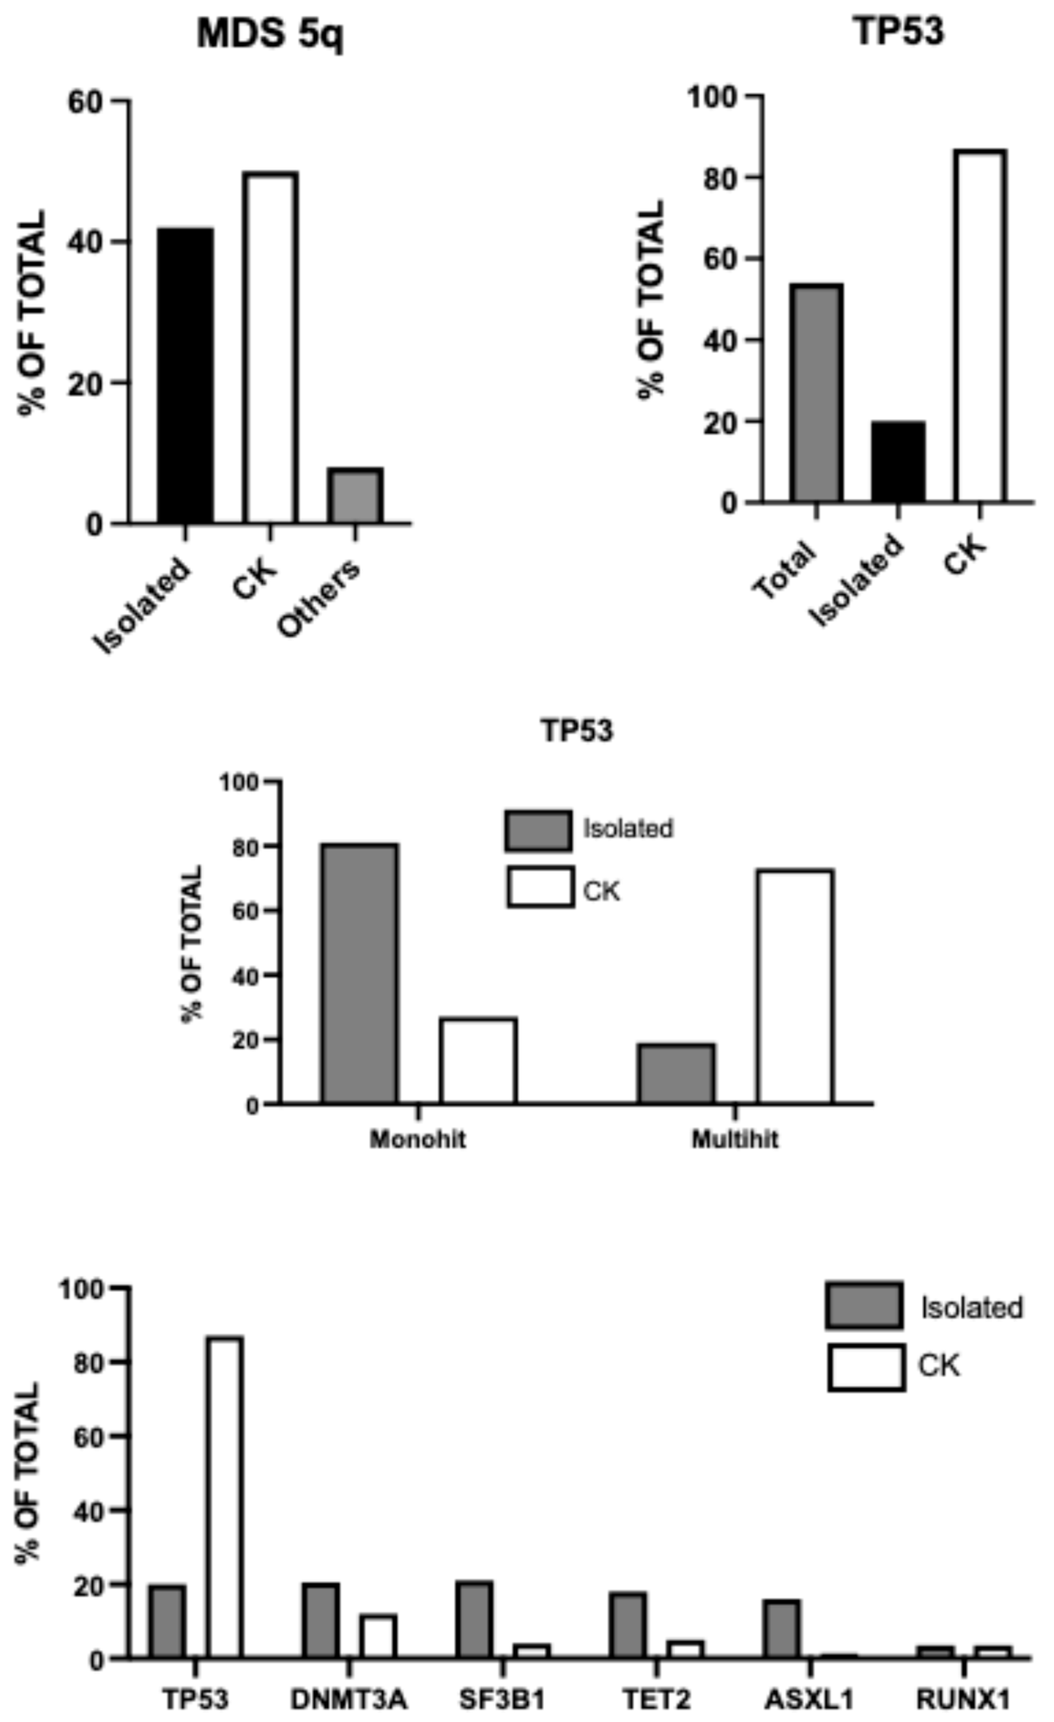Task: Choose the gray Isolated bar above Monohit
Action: [360, 974]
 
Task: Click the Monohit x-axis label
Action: [417, 1140]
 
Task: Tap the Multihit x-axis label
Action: [735, 1140]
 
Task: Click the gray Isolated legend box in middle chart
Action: [538, 830]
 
